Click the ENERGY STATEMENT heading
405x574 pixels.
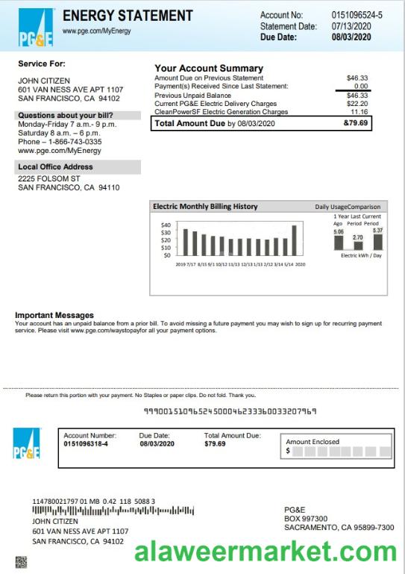(128, 16)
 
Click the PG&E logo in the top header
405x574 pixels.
(35, 26)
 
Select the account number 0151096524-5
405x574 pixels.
(357, 15)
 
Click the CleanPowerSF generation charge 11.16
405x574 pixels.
(359, 111)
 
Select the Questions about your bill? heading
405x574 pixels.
(66, 116)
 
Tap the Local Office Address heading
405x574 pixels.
(55, 167)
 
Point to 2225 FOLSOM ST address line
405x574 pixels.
(48, 179)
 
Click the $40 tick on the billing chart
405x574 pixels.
(166, 225)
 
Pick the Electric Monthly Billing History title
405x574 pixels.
(205, 207)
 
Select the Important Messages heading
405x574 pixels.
(54, 315)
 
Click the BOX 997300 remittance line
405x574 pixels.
(306, 519)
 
